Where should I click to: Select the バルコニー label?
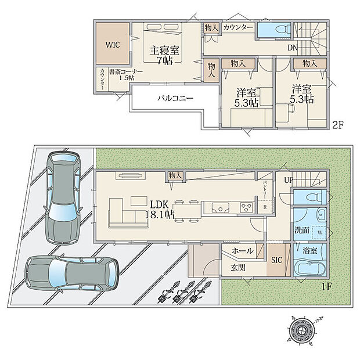(175, 99)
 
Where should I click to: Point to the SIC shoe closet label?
(276, 260)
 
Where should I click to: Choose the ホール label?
(242, 251)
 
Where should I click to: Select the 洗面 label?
(301, 230)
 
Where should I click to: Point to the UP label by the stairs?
(289, 181)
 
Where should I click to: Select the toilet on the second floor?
(275, 28)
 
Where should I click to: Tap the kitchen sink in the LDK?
(221, 207)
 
